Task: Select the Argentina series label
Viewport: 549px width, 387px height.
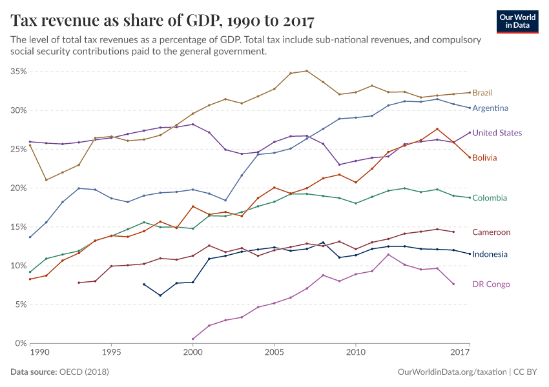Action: (x=490, y=108)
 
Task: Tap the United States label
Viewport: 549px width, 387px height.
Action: (x=497, y=133)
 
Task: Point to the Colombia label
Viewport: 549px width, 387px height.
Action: (x=490, y=198)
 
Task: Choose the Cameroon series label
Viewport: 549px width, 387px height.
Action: (x=491, y=232)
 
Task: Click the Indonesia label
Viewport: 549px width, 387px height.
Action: (x=490, y=254)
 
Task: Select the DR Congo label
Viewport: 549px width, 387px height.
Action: (x=491, y=284)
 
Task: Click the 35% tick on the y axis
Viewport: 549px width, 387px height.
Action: (x=17, y=72)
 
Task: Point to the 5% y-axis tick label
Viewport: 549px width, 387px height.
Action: (x=19, y=304)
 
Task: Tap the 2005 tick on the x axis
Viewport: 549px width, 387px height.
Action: (x=274, y=353)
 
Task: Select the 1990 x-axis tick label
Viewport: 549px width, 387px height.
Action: (x=39, y=353)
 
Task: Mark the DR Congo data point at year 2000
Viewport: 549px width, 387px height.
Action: (x=192, y=339)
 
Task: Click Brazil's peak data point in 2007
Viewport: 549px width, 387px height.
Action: (x=307, y=71)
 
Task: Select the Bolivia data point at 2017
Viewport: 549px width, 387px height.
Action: (x=470, y=157)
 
